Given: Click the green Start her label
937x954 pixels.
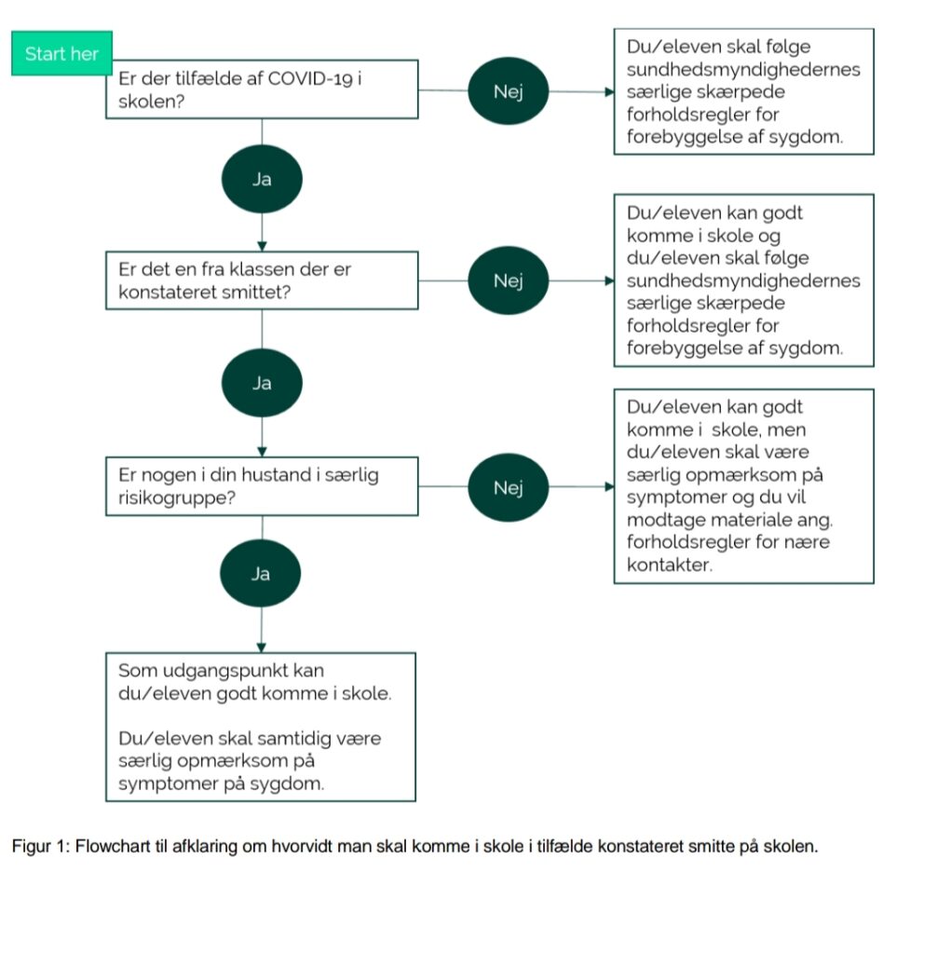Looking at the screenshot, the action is (x=61, y=53).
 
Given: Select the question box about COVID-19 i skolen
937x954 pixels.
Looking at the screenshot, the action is (x=262, y=89).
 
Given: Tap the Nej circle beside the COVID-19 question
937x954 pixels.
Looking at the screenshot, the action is (x=508, y=91).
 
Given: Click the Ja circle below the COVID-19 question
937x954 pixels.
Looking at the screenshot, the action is (x=262, y=179).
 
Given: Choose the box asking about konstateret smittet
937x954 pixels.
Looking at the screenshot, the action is (x=262, y=280).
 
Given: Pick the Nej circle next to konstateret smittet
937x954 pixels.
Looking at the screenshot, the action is (x=508, y=280).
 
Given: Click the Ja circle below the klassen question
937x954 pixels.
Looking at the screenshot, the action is (x=262, y=383).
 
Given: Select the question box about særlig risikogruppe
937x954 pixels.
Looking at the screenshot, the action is (x=262, y=486).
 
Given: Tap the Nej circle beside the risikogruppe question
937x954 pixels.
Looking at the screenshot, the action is (x=508, y=487).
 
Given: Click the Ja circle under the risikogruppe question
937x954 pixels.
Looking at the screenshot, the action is (x=261, y=573).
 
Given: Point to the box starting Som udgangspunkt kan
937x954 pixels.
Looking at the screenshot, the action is (x=261, y=727).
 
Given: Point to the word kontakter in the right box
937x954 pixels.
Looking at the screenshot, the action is (x=670, y=565).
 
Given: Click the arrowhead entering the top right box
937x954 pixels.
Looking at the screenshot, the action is (x=610, y=92).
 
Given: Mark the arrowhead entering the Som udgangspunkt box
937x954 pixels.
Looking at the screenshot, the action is (x=262, y=648).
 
